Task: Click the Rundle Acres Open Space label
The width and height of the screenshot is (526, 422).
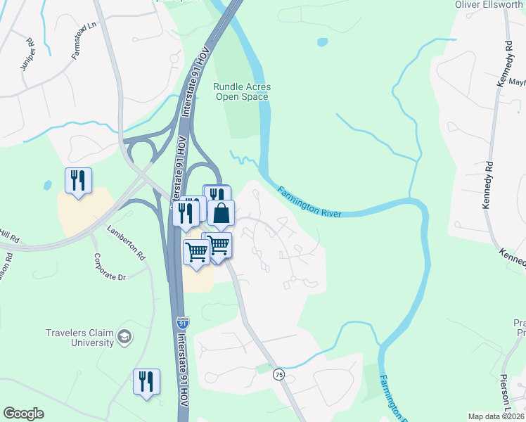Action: (242, 91)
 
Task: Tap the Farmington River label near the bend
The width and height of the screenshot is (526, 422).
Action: (309, 202)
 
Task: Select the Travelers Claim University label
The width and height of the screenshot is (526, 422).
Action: (79, 338)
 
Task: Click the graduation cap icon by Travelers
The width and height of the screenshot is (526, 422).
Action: (125, 337)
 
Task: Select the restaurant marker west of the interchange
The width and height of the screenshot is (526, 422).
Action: (78, 181)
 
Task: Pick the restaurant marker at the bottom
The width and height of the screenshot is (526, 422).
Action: (146, 382)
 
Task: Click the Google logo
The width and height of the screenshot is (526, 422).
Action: (23, 414)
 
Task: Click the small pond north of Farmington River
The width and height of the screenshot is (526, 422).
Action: (322, 42)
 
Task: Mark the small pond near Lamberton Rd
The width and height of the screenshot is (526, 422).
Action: (47, 185)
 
